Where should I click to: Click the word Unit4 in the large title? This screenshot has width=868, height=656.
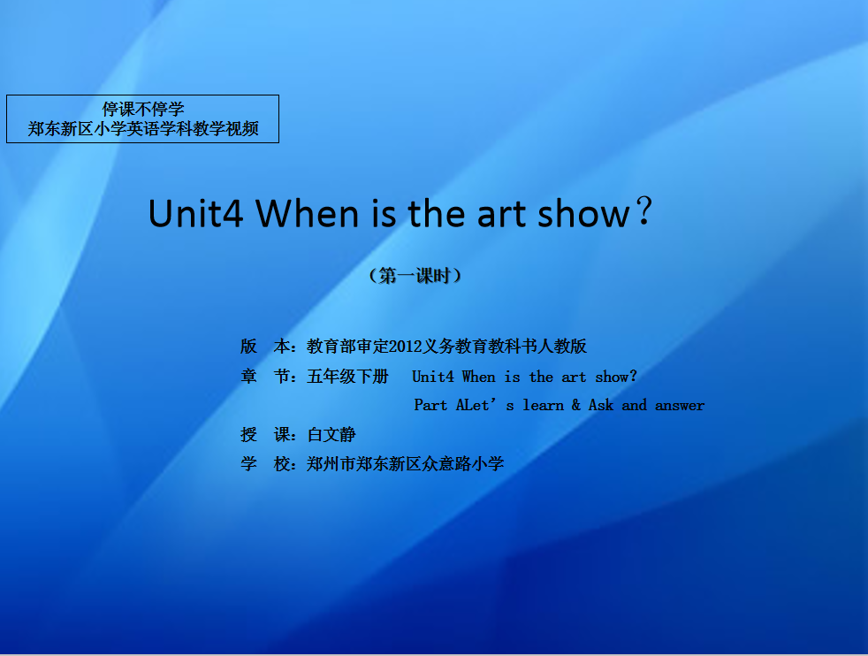pyautogui.click(x=195, y=214)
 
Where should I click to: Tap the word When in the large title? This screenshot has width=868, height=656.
pyautogui.click(x=308, y=214)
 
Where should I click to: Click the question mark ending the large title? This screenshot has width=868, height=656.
pyautogui.click(x=643, y=210)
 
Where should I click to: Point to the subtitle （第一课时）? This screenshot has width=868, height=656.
pyautogui.click(x=415, y=276)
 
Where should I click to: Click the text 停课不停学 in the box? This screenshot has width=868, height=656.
pyautogui.click(x=143, y=109)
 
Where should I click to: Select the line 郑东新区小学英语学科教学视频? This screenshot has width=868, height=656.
pyautogui.click(x=143, y=129)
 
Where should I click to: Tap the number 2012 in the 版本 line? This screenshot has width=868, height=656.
pyautogui.click(x=405, y=347)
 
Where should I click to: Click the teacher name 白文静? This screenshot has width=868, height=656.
pyautogui.click(x=331, y=435)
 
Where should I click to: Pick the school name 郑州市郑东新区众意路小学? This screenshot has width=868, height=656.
pyautogui.click(x=405, y=464)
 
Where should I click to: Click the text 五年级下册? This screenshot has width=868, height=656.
pyautogui.click(x=347, y=377)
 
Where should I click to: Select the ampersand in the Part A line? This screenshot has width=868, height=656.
pyautogui.click(x=576, y=405)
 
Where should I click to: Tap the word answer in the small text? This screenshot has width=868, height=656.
pyautogui.click(x=680, y=406)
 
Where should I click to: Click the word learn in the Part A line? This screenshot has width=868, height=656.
pyautogui.click(x=543, y=405)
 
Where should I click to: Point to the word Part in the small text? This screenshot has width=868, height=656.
pyautogui.click(x=430, y=405)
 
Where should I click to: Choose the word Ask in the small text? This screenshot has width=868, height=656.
pyautogui.click(x=601, y=405)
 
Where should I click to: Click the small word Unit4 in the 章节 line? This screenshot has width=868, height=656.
pyautogui.click(x=433, y=377)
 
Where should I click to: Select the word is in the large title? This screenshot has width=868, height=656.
pyautogui.click(x=384, y=214)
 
